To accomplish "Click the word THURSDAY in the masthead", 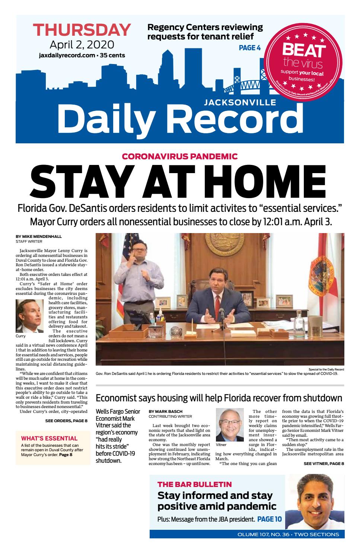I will pos(82,29).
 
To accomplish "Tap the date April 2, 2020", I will pos(82,45).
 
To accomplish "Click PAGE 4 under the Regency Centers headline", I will pos(249,48).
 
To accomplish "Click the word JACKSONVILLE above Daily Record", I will pos(240,102).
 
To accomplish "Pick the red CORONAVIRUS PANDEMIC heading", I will pos(180,156).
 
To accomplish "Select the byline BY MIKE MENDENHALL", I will pos(39,236).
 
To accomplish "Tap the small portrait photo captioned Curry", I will pos(30,316).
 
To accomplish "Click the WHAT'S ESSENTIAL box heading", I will pos(49,438).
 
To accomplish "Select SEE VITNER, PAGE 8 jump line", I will pos(323,464).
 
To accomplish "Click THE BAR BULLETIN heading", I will pos(194,484).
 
